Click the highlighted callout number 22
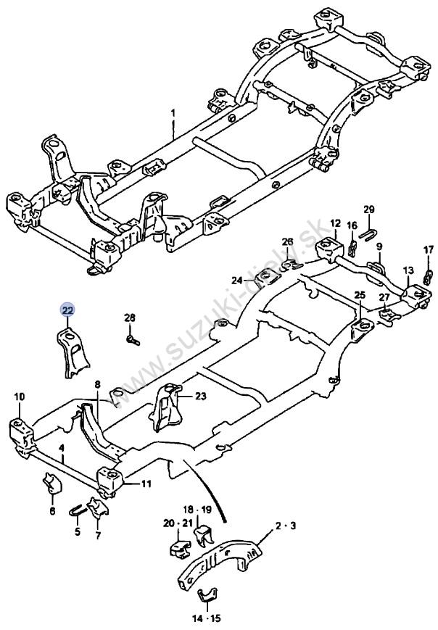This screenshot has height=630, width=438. (67, 310)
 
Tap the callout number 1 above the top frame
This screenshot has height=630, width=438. (173, 113)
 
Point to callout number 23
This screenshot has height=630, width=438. (201, 397)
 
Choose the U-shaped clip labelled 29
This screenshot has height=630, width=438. (366, 233)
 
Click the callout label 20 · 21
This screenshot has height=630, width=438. (175, 523)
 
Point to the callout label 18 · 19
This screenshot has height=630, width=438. (198, 510)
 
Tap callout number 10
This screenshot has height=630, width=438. (20, 397)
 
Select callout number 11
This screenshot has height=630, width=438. (146, 484)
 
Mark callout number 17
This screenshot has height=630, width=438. (429, 249)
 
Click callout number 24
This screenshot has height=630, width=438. (237, 280)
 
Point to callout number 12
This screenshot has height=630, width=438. (336, 223)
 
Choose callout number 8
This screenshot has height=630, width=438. (97, 385)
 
